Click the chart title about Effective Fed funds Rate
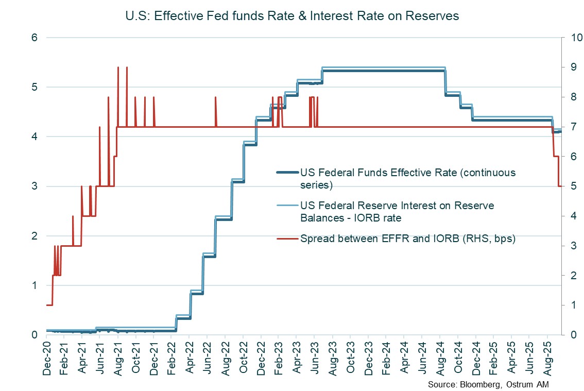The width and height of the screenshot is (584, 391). (x=292, y=16)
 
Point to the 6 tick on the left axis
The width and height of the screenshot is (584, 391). (x=34, y=38)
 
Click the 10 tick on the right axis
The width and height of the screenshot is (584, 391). (x=573, y=38)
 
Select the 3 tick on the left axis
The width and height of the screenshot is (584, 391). (x=34, y=186)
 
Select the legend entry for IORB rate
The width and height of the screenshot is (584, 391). (x=397, y=212)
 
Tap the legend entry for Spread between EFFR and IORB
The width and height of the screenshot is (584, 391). (x=407, y=239)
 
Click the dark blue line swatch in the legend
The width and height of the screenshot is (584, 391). (x=287, y=173)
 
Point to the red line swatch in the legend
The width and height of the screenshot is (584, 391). (x=287, y=239)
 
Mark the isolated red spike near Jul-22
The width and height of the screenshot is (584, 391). (x=215, y=97)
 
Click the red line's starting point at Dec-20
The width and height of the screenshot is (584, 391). (x=47, y=305)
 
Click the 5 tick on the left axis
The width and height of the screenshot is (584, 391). (x=34, y=88)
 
